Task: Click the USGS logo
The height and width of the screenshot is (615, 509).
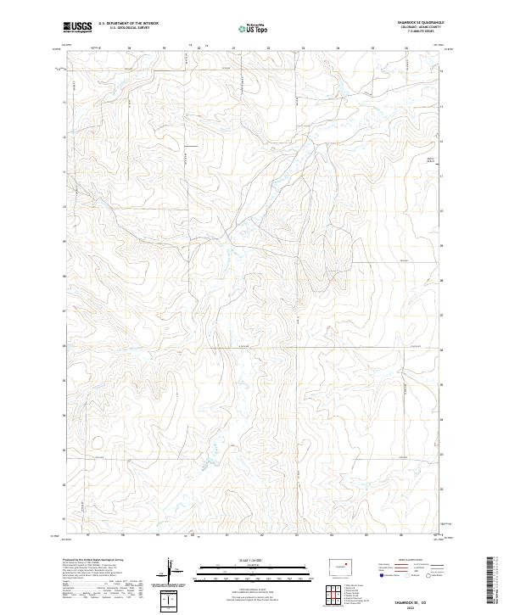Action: click(77, 27)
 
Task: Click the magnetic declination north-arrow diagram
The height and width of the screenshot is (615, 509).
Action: click(172, 573)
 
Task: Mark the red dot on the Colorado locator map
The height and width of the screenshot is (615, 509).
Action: click(346, 563)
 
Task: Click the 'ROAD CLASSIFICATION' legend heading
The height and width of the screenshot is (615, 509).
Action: click(410, 560)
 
